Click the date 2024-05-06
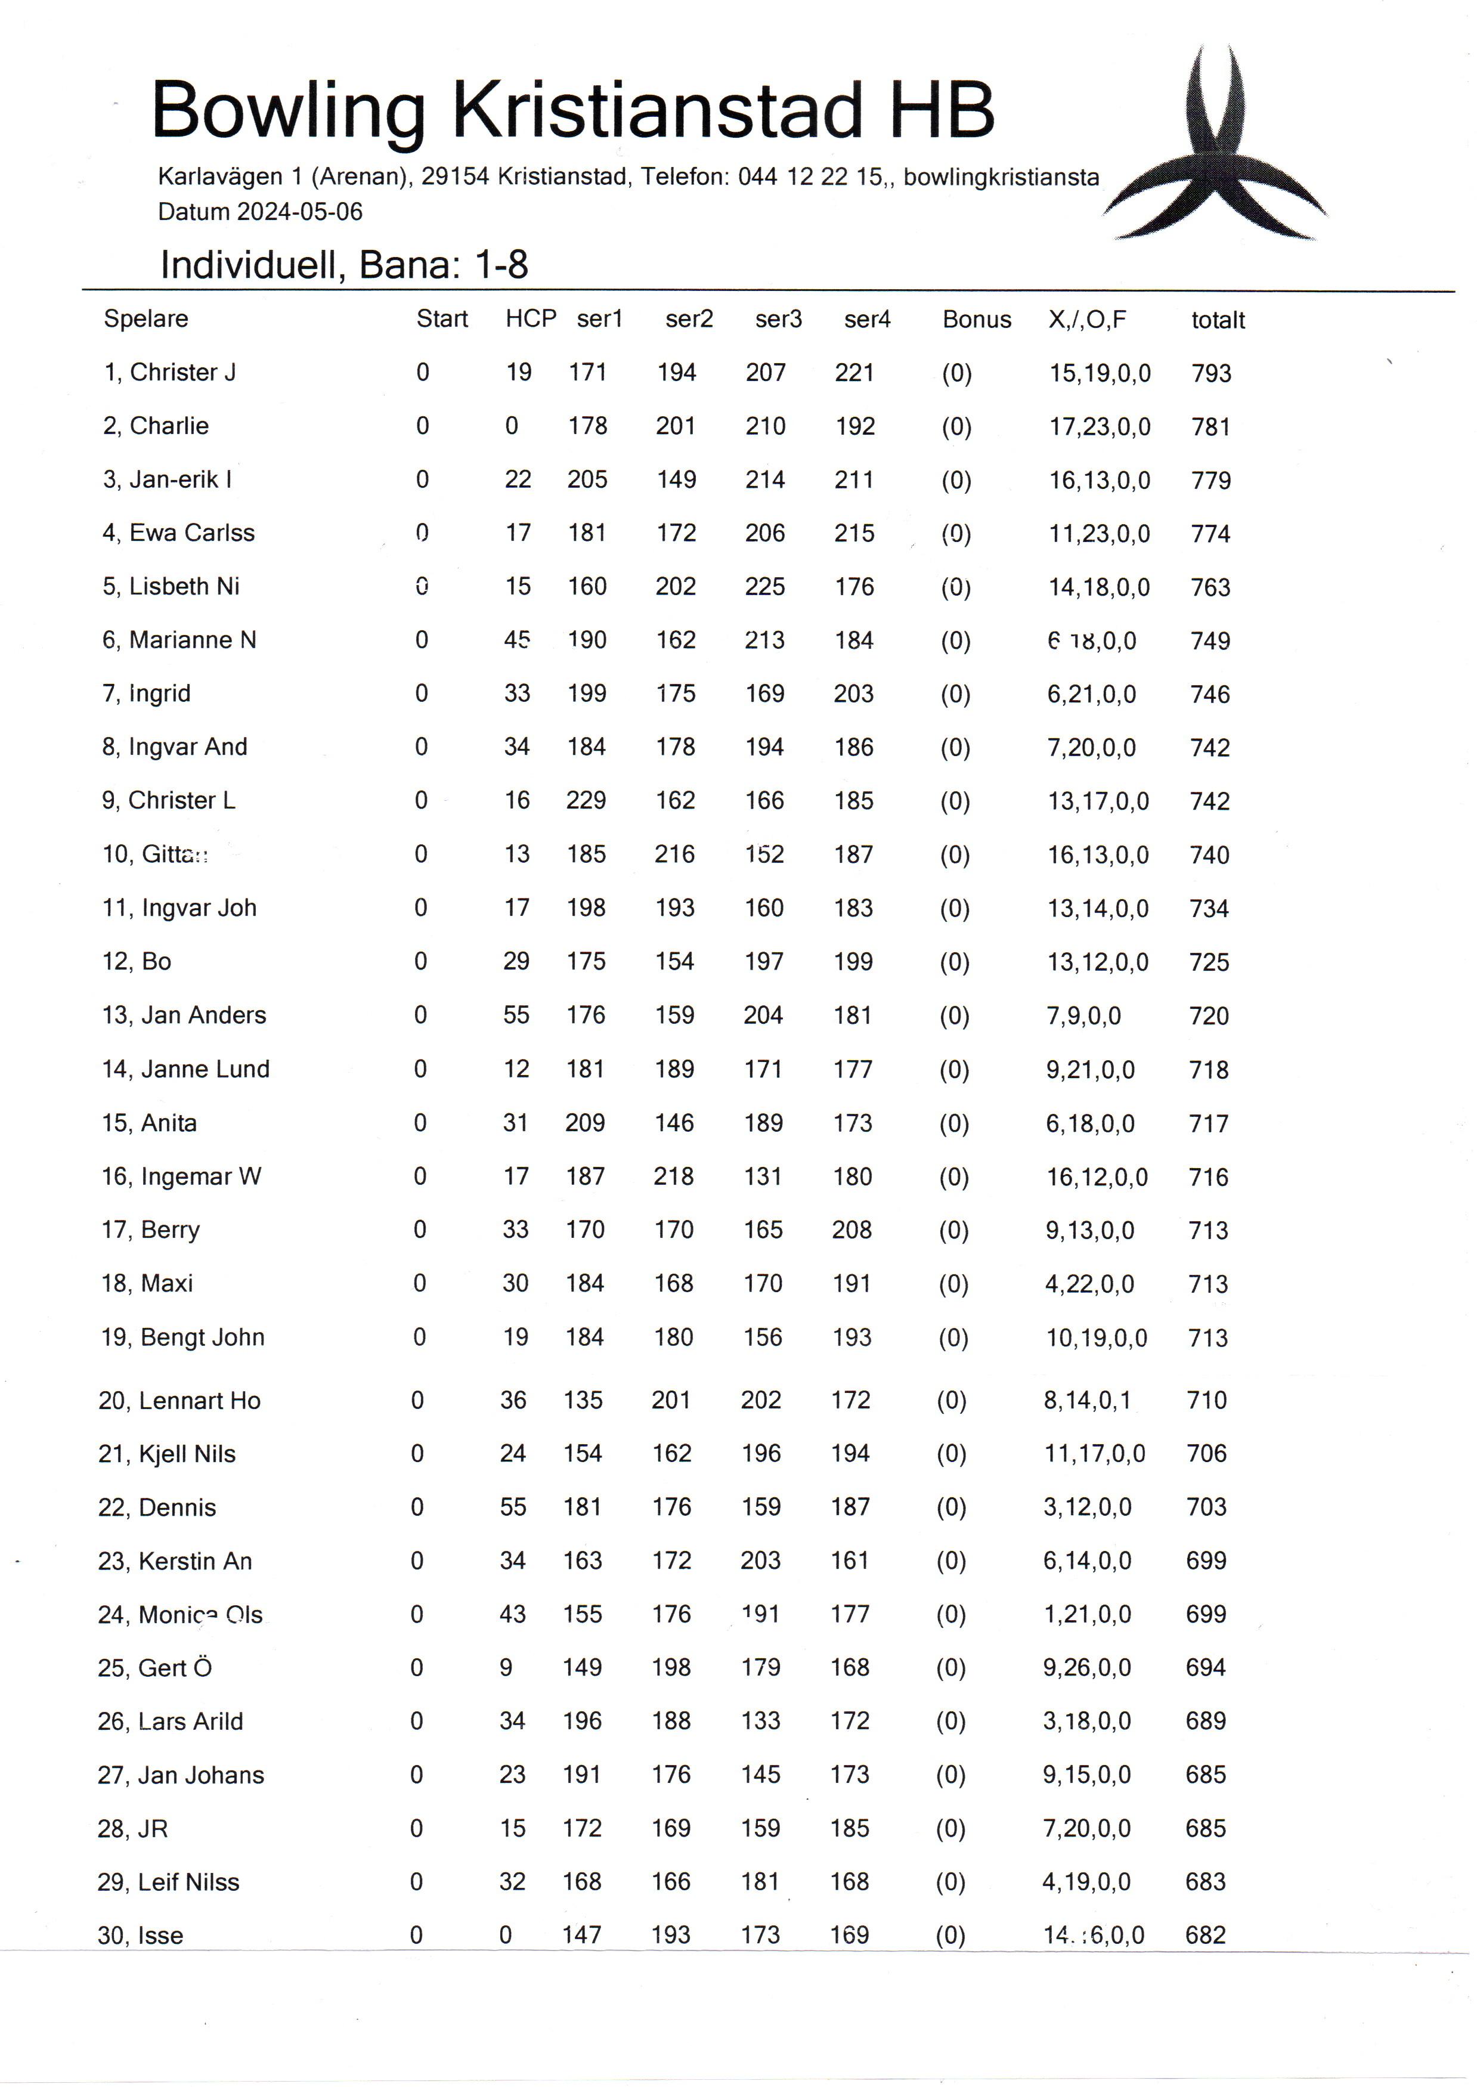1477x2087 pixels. tap(299, 212)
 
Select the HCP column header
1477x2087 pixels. tap(530, 318)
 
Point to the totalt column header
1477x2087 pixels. tap(1217, 320)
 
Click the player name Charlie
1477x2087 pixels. tap(169, 426)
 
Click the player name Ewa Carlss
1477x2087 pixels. tap(192, 533)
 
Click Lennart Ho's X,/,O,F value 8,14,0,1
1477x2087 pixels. tap(1087, 1401)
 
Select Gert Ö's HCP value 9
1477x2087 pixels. tap(506, 1668)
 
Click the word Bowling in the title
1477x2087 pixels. tap(289, 111)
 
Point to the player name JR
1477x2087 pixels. tap(153, 1829)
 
